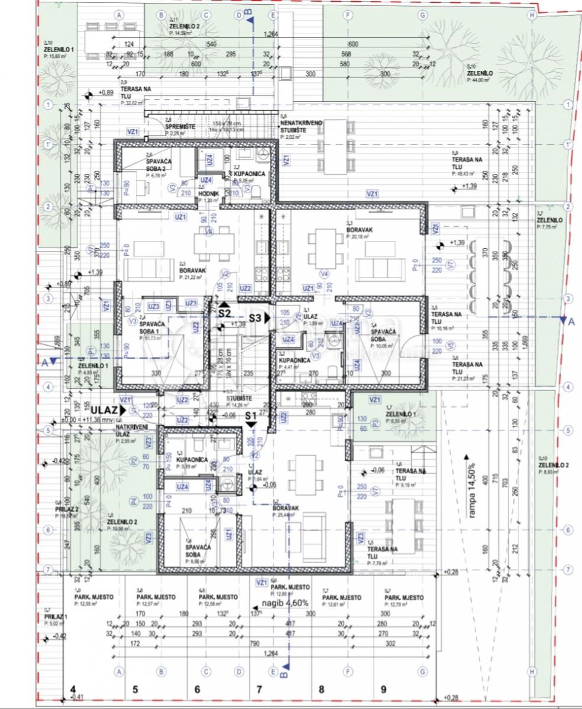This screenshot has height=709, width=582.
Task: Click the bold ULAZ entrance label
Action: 104,409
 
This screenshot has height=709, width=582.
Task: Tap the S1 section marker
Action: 251,415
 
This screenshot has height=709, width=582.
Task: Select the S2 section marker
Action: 224,313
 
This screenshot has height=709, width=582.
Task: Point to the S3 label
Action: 255,318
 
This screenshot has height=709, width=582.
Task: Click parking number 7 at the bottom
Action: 258,689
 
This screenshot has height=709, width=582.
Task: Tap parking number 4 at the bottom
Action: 73,689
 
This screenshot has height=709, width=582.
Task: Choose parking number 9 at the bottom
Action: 383,689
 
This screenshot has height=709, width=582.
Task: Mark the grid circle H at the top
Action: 532,14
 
